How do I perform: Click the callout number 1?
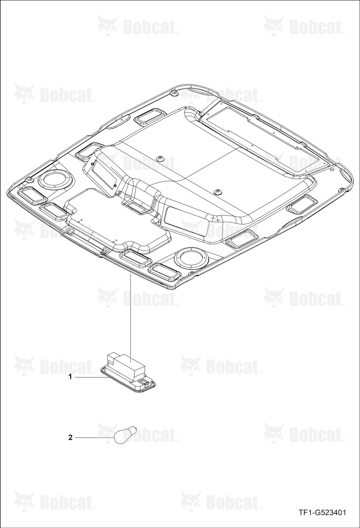click(x=70, y=378)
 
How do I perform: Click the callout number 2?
click(x=70, y=437)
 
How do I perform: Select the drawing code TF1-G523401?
click(x=323, y=513)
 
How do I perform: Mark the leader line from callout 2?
click(x=94, y=437)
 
